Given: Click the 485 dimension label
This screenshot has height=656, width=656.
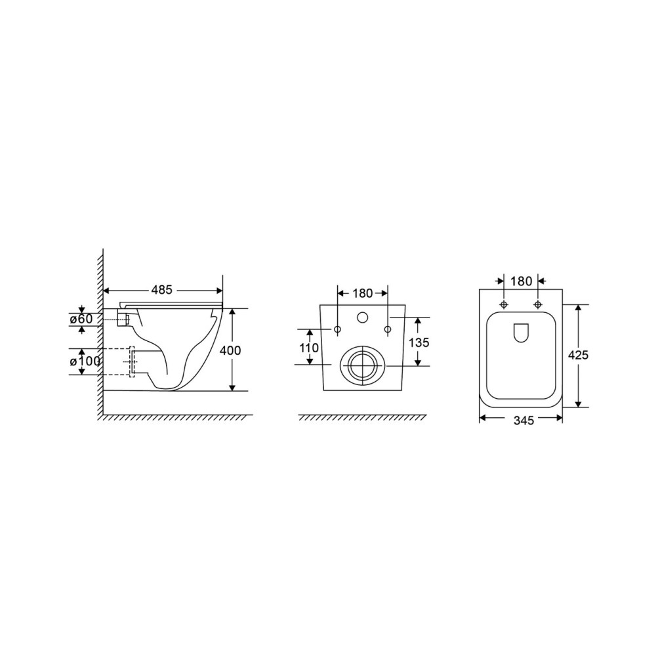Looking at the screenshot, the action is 162,289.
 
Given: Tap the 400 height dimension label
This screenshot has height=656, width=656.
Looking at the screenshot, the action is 230,350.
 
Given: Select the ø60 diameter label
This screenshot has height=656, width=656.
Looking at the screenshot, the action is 81,319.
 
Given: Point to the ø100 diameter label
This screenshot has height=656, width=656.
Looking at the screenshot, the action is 85,361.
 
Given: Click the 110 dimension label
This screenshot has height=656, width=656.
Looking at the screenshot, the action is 310,348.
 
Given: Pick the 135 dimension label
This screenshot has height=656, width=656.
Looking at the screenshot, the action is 419,342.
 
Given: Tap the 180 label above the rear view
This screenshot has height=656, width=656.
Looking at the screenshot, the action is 362,294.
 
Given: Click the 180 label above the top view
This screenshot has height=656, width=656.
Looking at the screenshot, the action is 521,281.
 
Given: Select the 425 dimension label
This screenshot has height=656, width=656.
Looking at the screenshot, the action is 578,355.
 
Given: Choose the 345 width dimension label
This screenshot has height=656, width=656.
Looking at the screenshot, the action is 523,420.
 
